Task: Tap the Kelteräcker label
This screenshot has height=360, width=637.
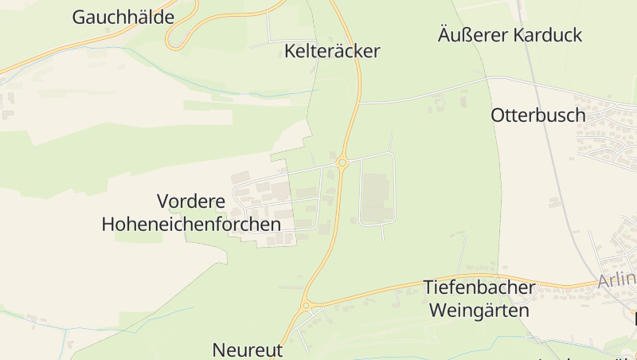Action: click(x=332, y=52)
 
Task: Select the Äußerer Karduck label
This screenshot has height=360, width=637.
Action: click(x=510, y=35)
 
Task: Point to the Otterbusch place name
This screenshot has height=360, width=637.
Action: click(x=537, y=115)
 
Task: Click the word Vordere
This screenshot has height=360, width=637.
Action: click(x=191, y=201)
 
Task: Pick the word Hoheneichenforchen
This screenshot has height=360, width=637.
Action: click(x=191, y=224)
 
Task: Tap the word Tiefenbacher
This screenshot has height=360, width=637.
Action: click(x=479, y=287)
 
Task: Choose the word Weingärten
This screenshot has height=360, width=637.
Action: click(x=479, y=310)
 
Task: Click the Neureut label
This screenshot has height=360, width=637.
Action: click(x=247, y=350)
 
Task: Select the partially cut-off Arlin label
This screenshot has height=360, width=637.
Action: click(x=617, y=280)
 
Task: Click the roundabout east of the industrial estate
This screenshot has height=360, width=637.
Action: click(x=342, y=162)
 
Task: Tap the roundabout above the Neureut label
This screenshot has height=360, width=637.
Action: click(x=306, y=305)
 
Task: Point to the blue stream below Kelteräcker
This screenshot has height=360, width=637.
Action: click(x=263, y=94)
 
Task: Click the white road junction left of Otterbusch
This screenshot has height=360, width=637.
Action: click(x=486, y=79)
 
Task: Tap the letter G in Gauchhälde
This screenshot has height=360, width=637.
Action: click(x=80, y=17)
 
